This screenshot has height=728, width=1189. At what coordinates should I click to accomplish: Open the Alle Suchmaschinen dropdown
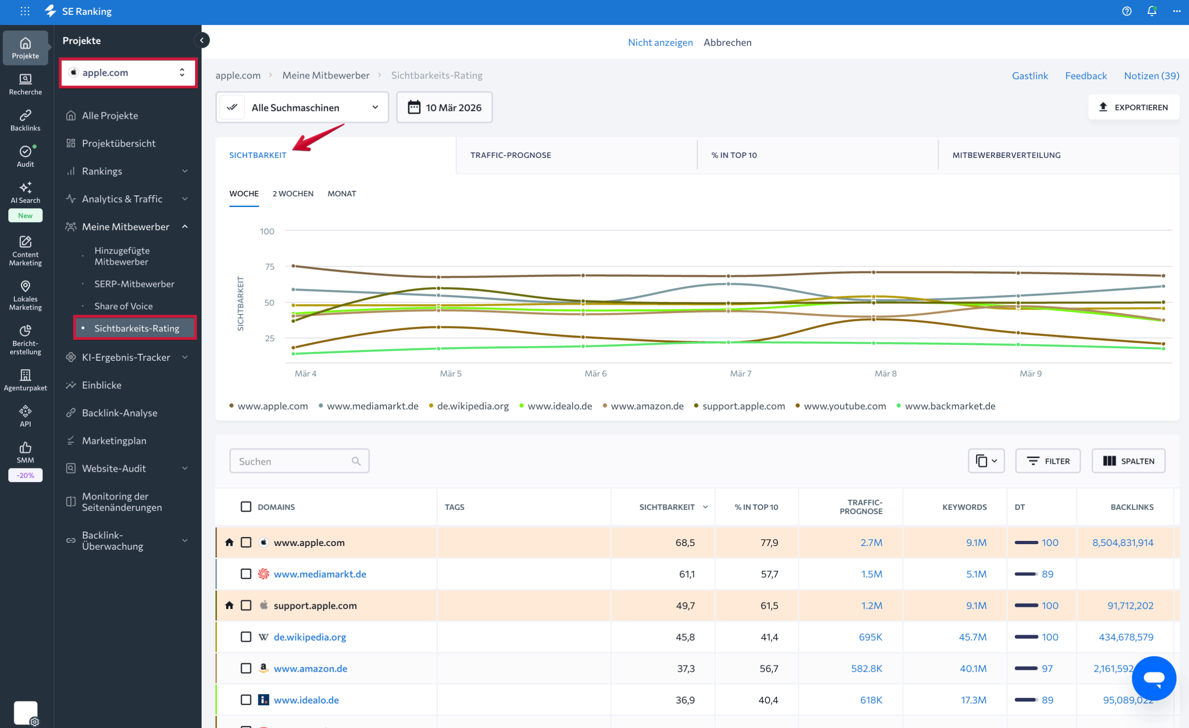[x=302, y=108]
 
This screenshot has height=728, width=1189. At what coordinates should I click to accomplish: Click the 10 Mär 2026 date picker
[x=444, y=108]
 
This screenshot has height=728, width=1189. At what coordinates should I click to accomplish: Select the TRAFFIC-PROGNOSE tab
[x=510, y=155]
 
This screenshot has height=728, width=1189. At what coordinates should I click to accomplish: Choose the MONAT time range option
[x=341, y=194]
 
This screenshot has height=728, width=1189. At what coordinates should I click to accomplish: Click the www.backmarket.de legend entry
[x=949, y=406]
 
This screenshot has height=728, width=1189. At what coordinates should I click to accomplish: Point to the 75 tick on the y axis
[x=269, y=266]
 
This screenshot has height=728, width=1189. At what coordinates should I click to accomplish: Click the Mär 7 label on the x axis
[x=740, y=373]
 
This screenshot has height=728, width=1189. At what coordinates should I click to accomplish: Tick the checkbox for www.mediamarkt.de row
[x=246, y=573]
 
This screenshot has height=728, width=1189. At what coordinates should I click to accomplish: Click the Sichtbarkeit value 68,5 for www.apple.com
[x=685, y=542]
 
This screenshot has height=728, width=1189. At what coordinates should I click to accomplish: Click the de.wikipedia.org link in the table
[x=310, y=637]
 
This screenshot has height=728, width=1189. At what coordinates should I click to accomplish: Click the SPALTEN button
[x=1128, y=461]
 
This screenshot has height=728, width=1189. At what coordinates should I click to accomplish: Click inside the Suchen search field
[x=294, y=461]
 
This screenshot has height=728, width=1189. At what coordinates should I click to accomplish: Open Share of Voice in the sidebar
[x=124, y=306]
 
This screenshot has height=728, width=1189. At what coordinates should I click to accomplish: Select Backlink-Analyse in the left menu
[x=119, y=412]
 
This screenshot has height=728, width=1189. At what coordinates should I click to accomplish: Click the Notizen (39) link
[x=1151, y=75]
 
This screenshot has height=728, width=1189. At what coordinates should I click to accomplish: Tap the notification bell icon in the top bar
[x=1151, y=11]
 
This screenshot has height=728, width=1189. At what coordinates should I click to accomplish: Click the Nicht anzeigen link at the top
[x=660, y=42]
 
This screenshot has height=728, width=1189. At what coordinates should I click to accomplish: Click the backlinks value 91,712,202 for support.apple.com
[x=1130, y=605]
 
